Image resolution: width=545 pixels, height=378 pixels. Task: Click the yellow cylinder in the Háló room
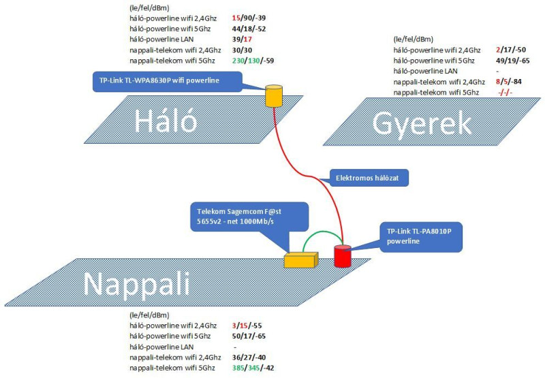coord(274,95)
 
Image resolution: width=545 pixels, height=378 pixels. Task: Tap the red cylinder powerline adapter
coord(343,256)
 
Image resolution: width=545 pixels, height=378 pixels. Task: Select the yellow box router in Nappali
coord(301,260)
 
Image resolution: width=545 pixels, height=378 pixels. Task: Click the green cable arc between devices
coord(322,232)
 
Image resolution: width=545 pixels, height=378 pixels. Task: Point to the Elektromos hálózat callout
coord(369,178)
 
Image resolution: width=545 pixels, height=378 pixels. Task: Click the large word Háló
coord(166,121)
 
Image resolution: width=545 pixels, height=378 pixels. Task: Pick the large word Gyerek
coord(422,124)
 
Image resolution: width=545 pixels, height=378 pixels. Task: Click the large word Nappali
coord(137,284)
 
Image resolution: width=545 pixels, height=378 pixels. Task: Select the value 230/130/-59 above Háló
coord(253,61)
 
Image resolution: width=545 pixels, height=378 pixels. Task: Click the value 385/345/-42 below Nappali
coord(253,368)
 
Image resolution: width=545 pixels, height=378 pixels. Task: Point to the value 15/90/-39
coord(249,18)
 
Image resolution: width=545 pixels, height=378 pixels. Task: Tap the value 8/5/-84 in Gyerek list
coord(509,82)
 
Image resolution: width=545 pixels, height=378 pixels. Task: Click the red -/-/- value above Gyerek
coord(505,93)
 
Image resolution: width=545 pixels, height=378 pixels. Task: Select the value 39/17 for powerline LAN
coord(242,40)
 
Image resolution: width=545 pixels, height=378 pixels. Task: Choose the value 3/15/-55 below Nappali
coord(247,326)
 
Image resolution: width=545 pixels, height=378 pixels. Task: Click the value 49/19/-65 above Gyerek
coord(513,61)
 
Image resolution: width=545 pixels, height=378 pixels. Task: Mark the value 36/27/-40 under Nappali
coord(249,357)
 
